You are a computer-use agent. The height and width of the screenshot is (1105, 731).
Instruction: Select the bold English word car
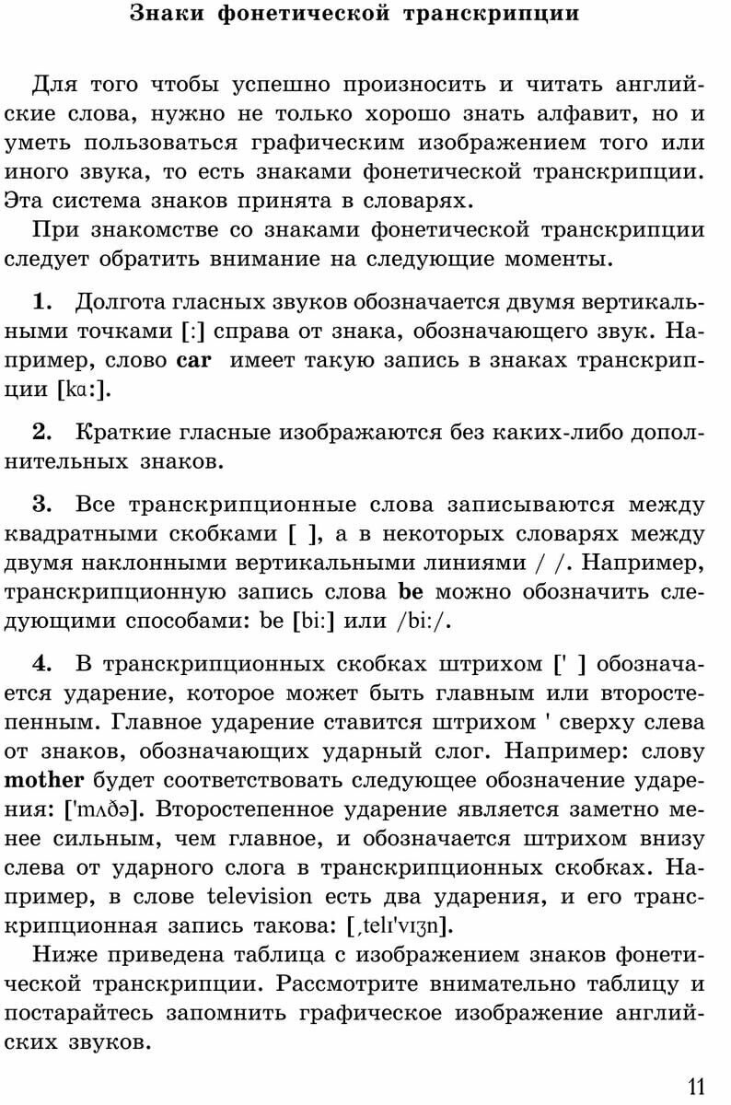pos(193,361)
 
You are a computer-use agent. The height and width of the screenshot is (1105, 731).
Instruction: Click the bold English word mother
pos(44,781)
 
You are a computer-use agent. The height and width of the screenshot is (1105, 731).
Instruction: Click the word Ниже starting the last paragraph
pos(61,954)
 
